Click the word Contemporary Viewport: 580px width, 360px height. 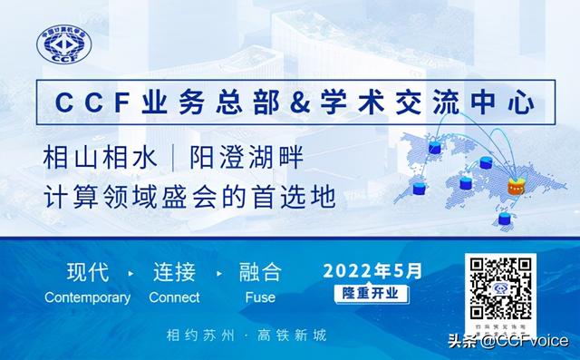click(87, 297)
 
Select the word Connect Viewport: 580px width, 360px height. click(174, 297)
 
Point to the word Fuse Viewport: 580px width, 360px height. click(260, 297)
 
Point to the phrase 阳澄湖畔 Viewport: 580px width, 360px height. click(244, 158)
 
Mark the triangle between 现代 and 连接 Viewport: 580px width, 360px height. click(131, 273)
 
